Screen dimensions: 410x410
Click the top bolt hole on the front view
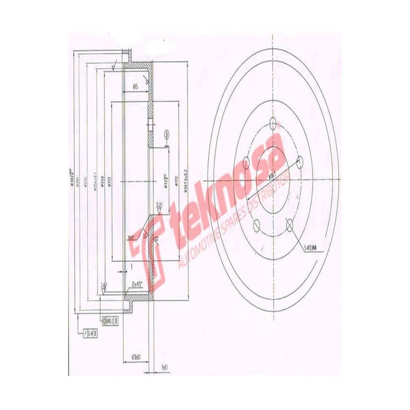274,123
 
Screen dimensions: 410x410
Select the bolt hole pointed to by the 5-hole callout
290,224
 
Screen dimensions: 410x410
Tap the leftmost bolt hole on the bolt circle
247,163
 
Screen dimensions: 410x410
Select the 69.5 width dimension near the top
135,87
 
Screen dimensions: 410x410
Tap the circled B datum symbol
166,134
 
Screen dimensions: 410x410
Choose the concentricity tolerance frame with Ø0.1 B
111,321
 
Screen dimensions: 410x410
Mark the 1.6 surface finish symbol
104,288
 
